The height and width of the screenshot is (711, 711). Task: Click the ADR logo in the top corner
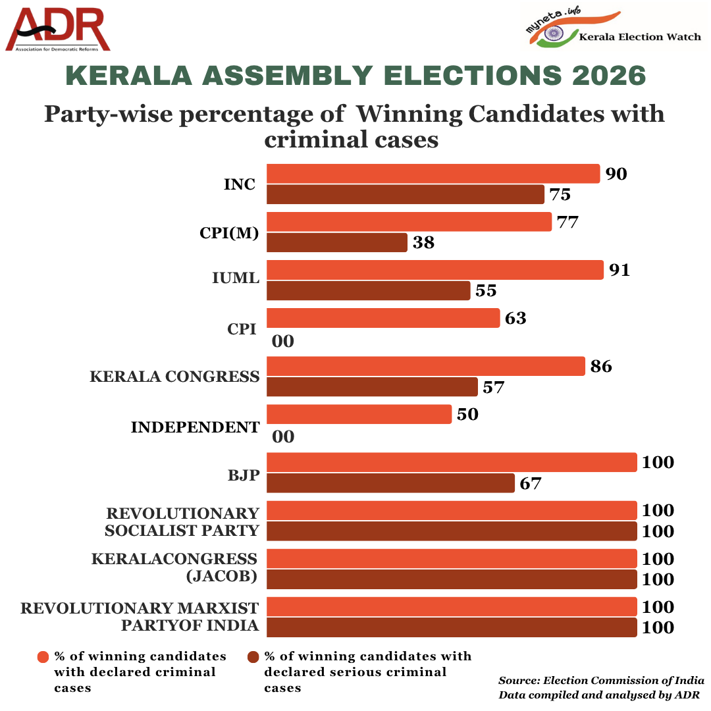(x=57, y=29)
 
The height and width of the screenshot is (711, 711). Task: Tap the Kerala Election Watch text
(x=640, y=37)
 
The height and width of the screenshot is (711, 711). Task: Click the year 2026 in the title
(x=608, y=75)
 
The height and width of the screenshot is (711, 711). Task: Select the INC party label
(x=240, y=184)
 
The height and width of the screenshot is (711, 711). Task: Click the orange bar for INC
(x=433, y=174)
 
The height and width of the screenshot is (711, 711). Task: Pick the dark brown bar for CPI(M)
(x=337, y=242)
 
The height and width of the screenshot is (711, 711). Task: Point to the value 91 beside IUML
(x=619, y=270)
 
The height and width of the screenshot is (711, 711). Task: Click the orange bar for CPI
(x=383, y=318)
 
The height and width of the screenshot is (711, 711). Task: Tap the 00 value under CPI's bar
(x=283, y=341)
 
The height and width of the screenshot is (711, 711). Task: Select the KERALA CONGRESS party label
(x=174, y=377)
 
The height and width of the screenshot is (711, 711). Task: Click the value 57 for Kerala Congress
(x=493, y=387)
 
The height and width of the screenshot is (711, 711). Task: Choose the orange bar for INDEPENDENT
(x=359, y=414)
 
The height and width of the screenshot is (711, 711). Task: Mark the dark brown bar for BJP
(x=390, y=483)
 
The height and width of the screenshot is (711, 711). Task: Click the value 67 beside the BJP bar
(x=531, y=483)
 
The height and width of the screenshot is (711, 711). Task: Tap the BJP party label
(x=244, y=475)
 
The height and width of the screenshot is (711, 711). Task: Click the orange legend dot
(x=43, y=657)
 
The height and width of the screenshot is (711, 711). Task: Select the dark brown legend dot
(x=253, y=657)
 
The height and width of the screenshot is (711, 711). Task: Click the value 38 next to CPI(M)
(x=423, y=242)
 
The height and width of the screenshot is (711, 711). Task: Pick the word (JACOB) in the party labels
(x=222, y=576)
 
